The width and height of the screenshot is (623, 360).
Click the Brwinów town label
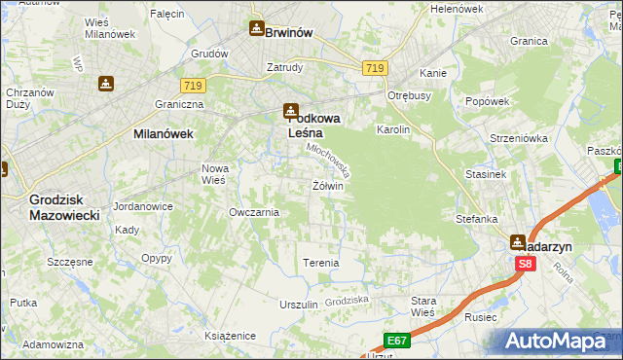point(289,32)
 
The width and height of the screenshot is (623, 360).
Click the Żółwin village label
point(328,186)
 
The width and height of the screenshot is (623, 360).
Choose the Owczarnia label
point(254,211)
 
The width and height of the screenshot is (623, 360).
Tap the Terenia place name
point(321,263)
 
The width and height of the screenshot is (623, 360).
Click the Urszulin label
point(299,305)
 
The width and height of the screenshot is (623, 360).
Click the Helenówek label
point(457,9)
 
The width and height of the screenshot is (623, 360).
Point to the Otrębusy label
point(409,95)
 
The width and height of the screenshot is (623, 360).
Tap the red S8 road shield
point(526,263)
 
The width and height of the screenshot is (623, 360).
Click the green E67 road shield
point(395,340)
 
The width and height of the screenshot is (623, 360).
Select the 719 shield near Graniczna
point(192,86)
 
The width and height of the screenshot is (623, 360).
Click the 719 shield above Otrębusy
point(376,68)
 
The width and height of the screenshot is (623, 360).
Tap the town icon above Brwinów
point(256,28)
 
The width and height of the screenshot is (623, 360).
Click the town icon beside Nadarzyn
point(518,241)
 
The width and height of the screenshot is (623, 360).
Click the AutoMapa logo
point(561,341)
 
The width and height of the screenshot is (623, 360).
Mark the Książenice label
point(230,336)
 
